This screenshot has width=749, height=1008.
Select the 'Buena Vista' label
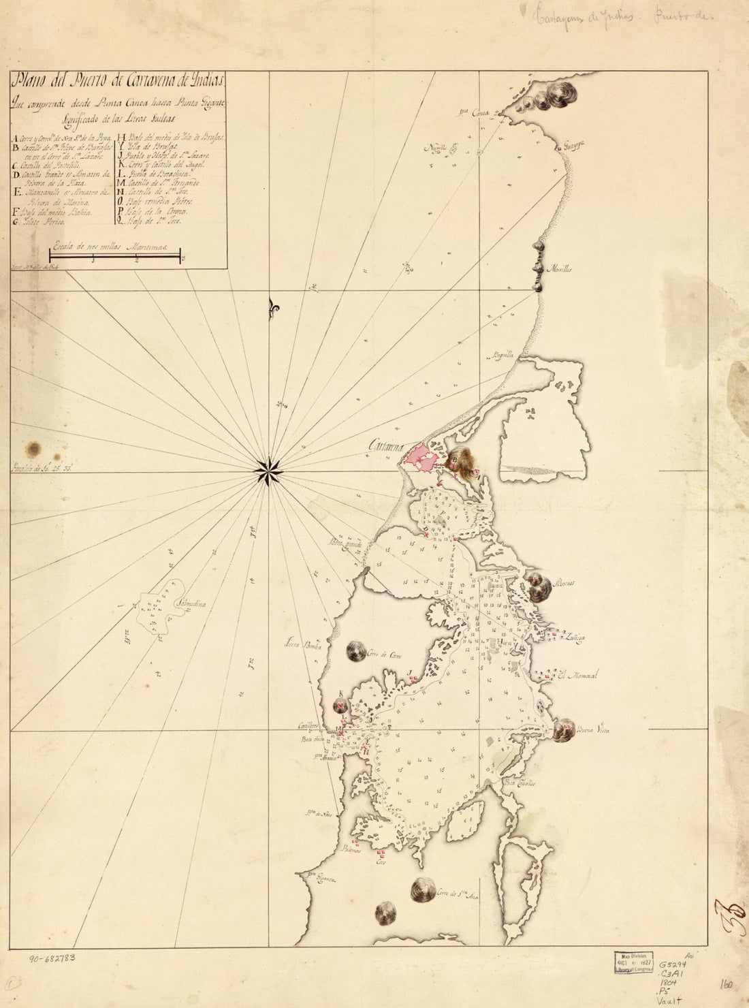592,731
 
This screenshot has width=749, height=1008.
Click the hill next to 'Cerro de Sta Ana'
424,889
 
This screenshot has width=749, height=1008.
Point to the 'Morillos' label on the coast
562,268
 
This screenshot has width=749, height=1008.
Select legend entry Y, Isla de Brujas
153,146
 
